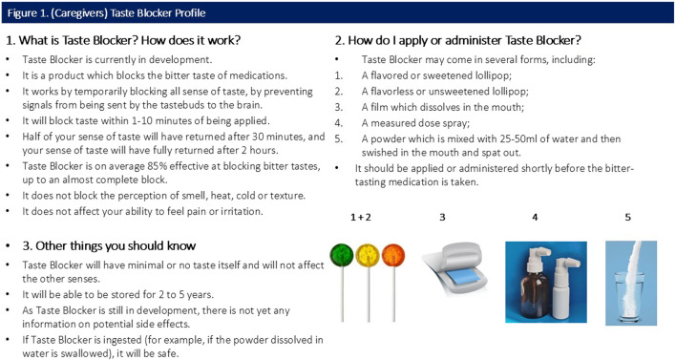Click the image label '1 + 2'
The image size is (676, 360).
(x=360, y=218)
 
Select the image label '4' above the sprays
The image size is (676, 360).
(x=535, y=218)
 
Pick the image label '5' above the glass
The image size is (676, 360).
(x=627, y=218)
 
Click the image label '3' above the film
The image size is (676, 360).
(x=442, y=218)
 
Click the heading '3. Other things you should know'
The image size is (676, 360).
(x=109, y=245)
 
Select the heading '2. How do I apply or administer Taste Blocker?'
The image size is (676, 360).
(x=458, y=40)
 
